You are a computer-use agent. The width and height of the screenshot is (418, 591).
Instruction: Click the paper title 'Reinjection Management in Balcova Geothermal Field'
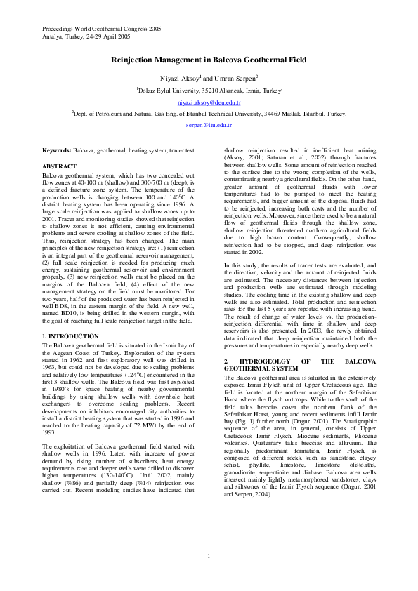tap(209, 61)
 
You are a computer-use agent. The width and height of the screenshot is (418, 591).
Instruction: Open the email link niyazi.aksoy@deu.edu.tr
tap(209, 102)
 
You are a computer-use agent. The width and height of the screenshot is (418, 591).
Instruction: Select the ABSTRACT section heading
tap(60, 166)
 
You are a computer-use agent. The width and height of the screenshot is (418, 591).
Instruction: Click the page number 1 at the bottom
tap(209, 557)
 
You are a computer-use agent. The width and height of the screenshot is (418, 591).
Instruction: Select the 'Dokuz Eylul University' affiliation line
tap(209, 91)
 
